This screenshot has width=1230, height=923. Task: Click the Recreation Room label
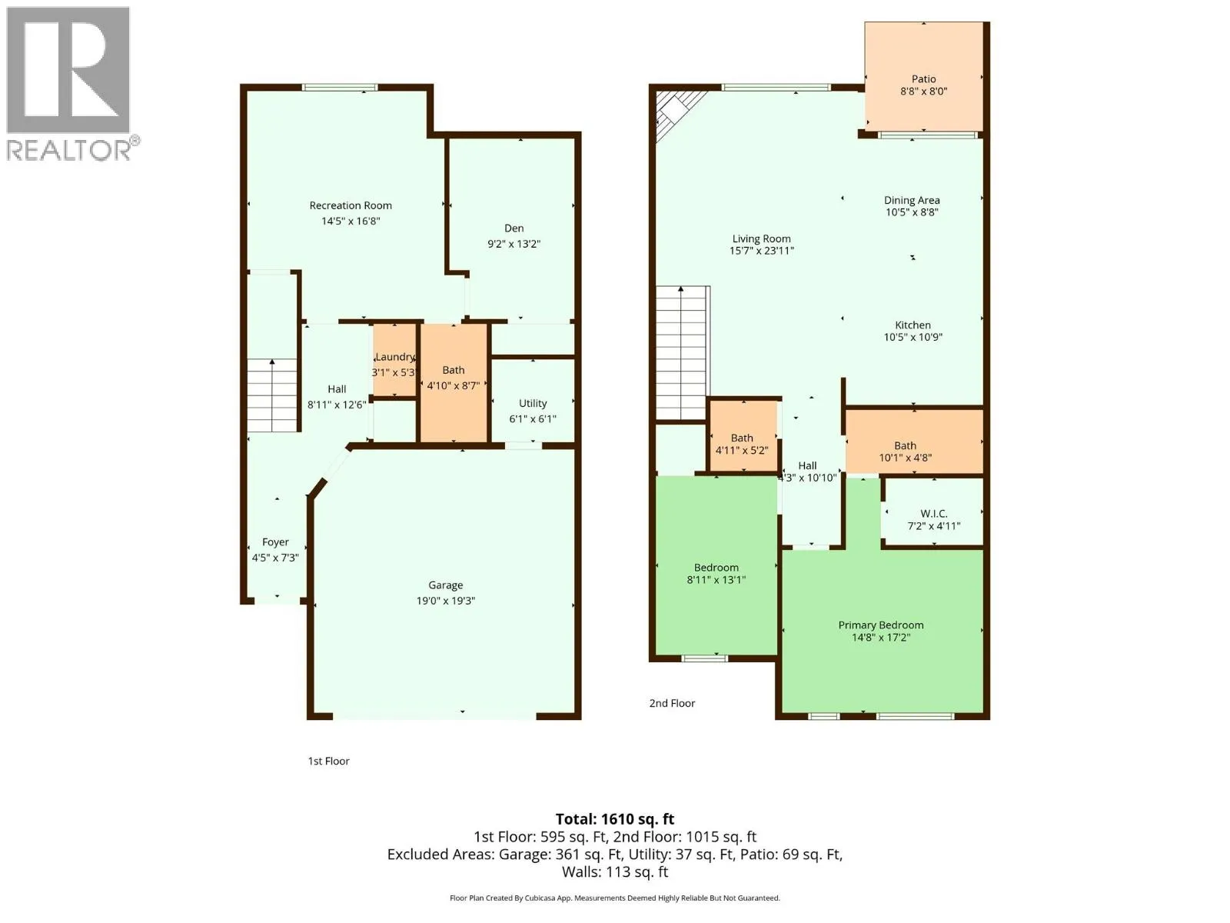coord(351,205)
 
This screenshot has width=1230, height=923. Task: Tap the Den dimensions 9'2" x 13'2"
coord(514,244)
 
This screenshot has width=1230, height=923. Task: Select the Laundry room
coord(394,360)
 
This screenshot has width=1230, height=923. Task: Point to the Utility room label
coord(532,404)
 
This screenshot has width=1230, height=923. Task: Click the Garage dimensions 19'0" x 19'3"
coord(445,601)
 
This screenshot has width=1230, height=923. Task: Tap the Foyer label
coord(275,542)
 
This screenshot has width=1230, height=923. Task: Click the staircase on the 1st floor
coord(272,395)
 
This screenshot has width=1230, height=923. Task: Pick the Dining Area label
coord(912,200)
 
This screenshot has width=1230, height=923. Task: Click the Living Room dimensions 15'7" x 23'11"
coord(761,251)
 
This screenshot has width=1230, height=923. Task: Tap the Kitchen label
coord(913,325)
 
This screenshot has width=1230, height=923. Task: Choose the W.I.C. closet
coord(933,511)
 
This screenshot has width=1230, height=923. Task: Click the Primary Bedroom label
coord(880,625)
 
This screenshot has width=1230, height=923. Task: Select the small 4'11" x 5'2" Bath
coord(743,436)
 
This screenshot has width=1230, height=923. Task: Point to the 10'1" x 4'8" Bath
coord(914,442)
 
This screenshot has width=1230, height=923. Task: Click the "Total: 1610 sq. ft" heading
coord(615,819)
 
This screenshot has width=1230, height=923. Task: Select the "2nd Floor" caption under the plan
coord(672,703)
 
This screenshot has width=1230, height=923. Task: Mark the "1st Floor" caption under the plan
coord(328,761)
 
